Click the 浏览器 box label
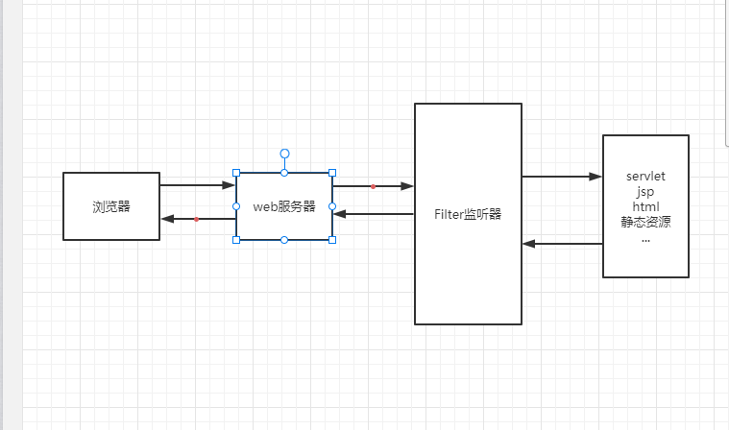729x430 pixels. [111, 206]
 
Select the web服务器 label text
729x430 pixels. [284, 206]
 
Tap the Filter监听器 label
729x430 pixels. [468, 214]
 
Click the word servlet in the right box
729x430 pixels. [645, 178]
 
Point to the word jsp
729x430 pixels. [645, 192]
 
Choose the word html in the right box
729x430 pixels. [645, 207]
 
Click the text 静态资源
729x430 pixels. [645, 223]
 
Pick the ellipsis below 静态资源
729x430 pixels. [645, 237]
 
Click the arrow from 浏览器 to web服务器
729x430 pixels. [198, 185]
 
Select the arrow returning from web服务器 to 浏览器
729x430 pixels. [198, 219]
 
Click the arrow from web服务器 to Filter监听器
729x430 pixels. [373, 185]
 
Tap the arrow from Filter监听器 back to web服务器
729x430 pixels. [373, 214]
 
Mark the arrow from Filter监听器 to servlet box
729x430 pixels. [562, 177]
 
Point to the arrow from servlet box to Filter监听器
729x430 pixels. [562, 244]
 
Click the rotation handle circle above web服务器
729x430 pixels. [284, 153]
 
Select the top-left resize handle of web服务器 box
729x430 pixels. [236, 173]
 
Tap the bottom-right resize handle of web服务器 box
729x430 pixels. [332, 240]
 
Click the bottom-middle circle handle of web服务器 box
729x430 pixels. [284, 240]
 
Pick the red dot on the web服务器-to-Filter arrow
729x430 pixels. [373, 185]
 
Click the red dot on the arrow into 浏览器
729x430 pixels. [196, 219]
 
